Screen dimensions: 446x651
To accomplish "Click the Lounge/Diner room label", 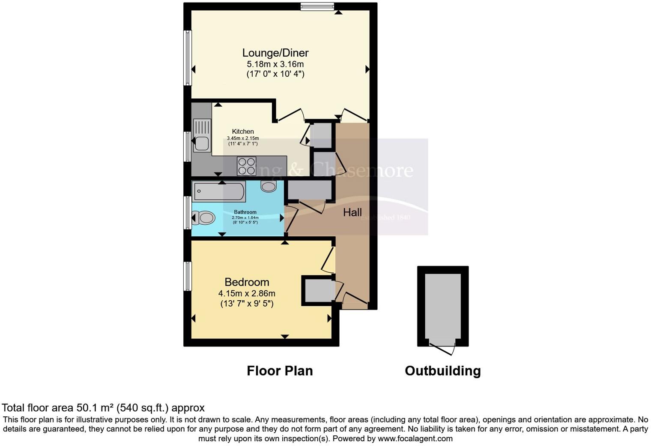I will pos(275,53).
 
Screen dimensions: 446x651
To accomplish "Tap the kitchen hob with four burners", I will pos(247,166).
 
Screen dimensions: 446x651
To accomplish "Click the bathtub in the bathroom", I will pos(218,192).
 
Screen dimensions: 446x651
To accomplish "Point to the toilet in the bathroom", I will pos(203,218).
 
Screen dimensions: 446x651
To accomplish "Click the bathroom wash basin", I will pos(269,187).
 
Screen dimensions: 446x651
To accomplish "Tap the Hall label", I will pos(352,212).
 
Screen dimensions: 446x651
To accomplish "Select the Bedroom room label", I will pos(247,282).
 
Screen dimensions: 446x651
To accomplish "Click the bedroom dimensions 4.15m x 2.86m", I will pos(247,294).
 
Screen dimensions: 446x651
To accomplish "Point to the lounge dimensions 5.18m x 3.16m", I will pos(275,64).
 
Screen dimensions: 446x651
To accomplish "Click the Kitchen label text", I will pos(243,132).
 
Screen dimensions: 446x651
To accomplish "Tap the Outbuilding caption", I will pos(442,371).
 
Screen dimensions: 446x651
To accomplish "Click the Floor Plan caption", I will pos(280,371).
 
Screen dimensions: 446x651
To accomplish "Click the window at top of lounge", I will pos(317,6).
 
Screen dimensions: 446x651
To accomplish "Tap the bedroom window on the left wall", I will pos(188,276).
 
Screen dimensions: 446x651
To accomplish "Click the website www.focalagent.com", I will pos(415,439).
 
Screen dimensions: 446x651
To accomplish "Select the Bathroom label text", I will pos(245,212).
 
